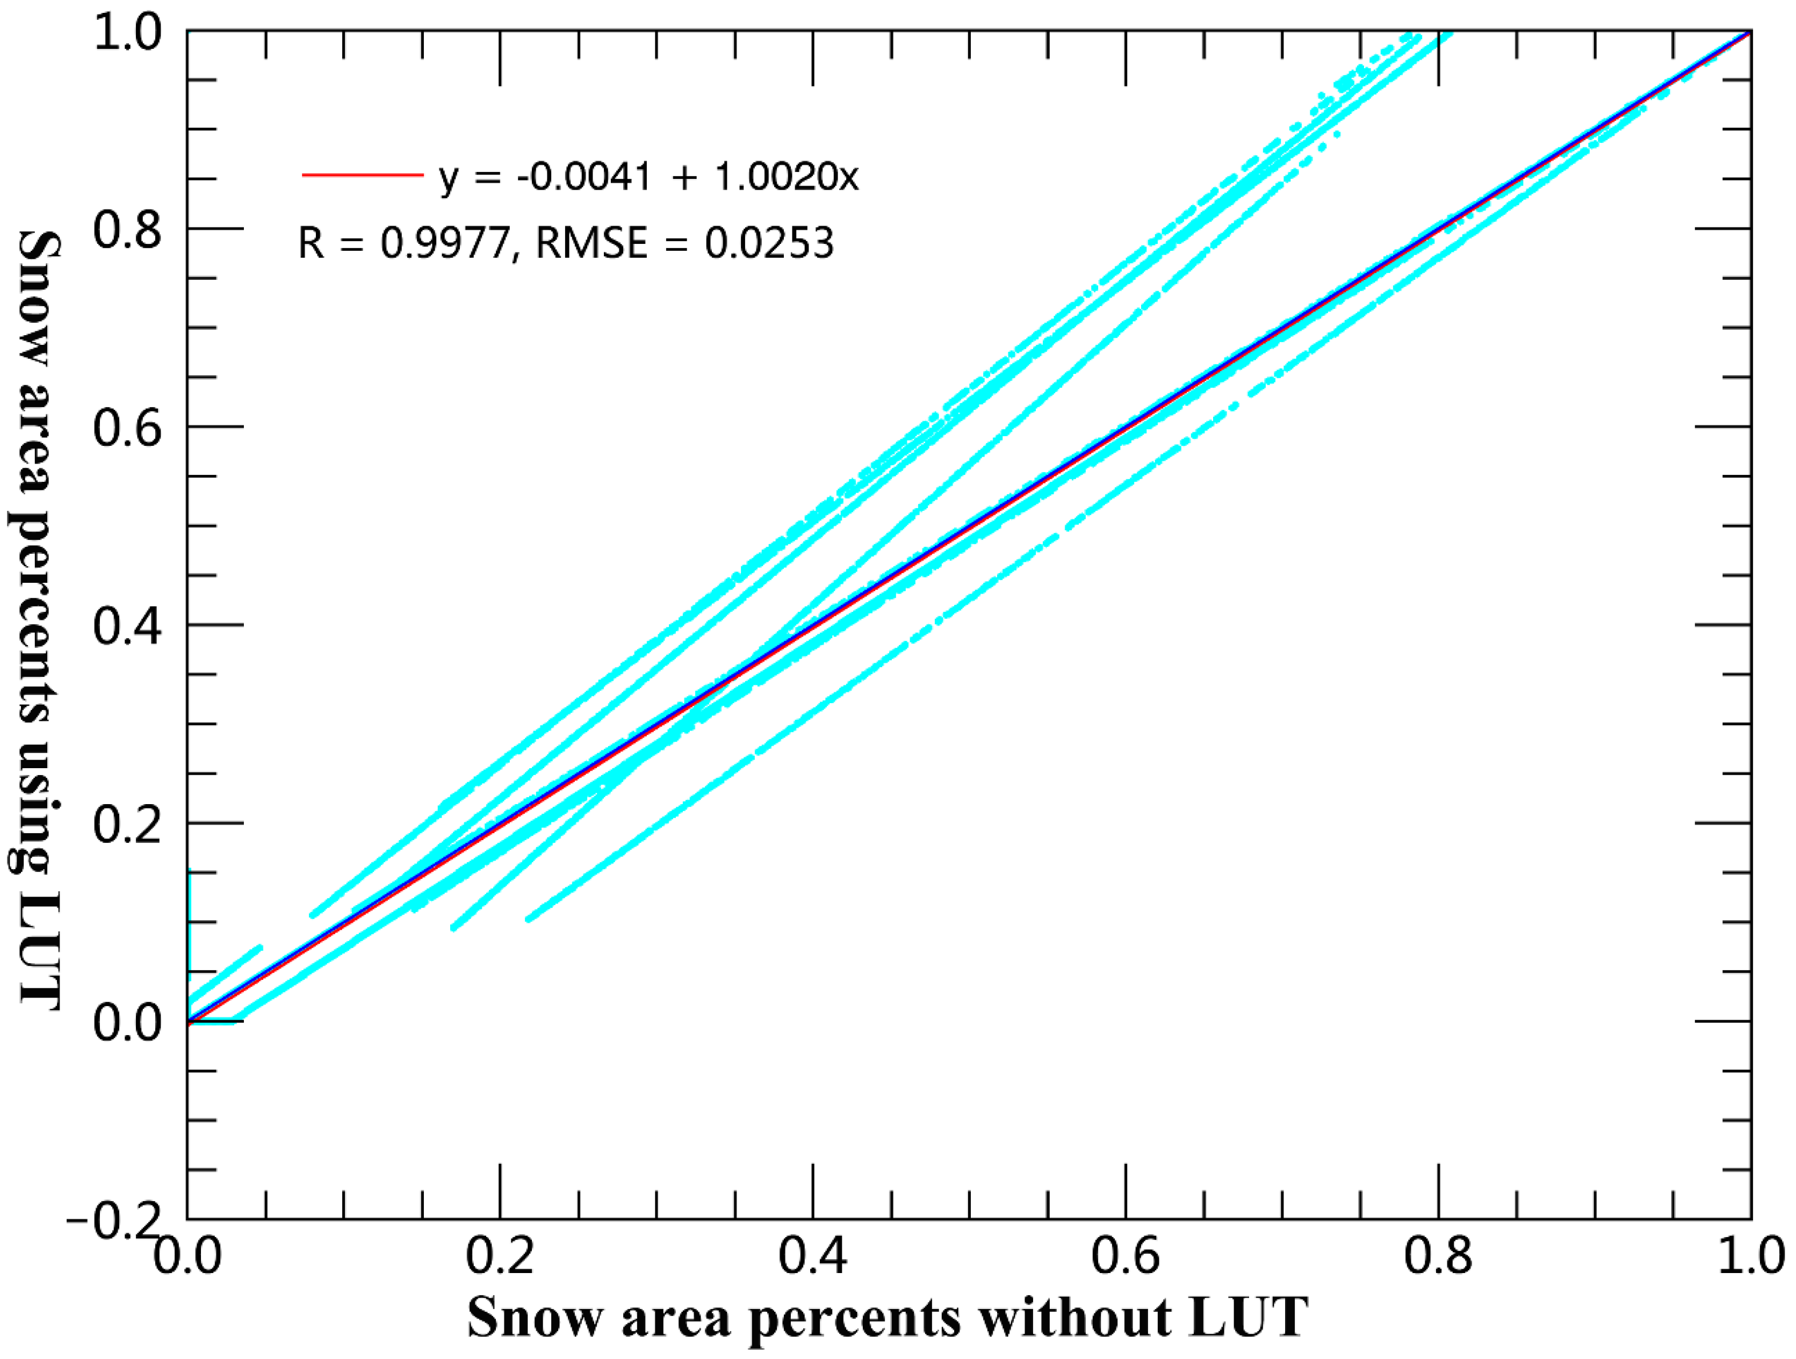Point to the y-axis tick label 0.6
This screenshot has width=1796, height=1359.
(x=127, y=428)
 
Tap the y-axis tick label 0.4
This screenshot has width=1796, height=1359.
(x=127, y=626)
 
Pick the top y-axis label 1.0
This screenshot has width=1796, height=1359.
(x=127, y=34)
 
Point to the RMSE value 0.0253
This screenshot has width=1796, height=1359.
(x=768, y=243)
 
